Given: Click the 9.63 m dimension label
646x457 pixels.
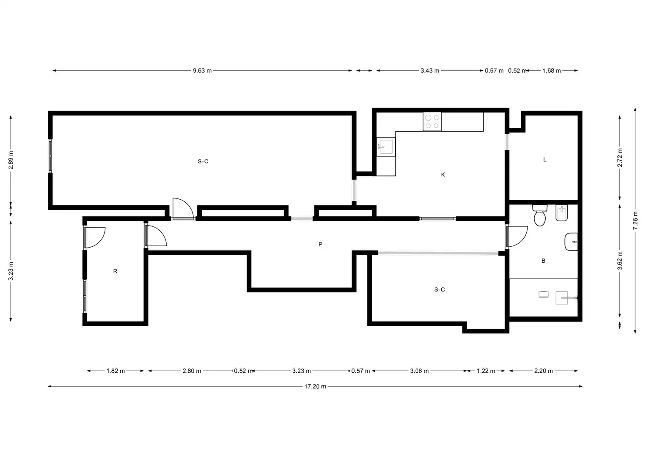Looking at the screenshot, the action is pyautogui.click(x=202, y=71).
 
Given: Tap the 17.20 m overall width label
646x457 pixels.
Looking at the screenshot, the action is pyautogui.click(x=315, y=386).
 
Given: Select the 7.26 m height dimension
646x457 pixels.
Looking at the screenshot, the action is pyautogui.click(x=635, y=221).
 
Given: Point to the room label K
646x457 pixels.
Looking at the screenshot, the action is pyautogui.click(x=443, y=174).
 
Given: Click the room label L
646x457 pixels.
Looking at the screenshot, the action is pyautogui.click(x=545, y=160).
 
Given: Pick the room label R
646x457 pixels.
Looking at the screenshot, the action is pyautogui.click(x=115, y=271).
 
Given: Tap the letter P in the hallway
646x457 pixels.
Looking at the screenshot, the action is pyautogui.click(x=320, y=245).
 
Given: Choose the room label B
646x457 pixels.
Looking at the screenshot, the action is pyautogui.click(x=543, y=261).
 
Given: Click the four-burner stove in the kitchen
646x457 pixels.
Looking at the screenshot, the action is pyautogui.click(x=432, y=121).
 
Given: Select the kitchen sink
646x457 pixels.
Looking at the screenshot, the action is pyautogui.click(x=386, y=147).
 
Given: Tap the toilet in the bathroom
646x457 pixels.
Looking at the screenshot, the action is pyautogui.click(x=540, y=215).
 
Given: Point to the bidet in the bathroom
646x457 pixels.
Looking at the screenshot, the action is pyautogui.click(x=561, y=213).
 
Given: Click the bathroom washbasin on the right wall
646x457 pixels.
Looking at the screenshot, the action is pyautogui.click(x=571, y=242).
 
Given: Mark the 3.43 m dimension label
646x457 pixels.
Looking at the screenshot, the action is pyautogui.click(x=430, y=71).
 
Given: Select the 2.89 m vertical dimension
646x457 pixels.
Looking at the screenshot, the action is pyautogui.click(x=11, y=160).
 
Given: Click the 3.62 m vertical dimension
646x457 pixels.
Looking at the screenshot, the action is pyautogui.click(x=619, y=261).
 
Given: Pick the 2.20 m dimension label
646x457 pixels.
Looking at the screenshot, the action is pyautogui.click(x=543, y=371).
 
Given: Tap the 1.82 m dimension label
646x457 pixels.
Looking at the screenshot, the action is pyautogui.click(x=115, y=371).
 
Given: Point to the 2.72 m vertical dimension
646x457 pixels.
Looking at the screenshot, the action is pyautogui.click(x=619, y=157).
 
